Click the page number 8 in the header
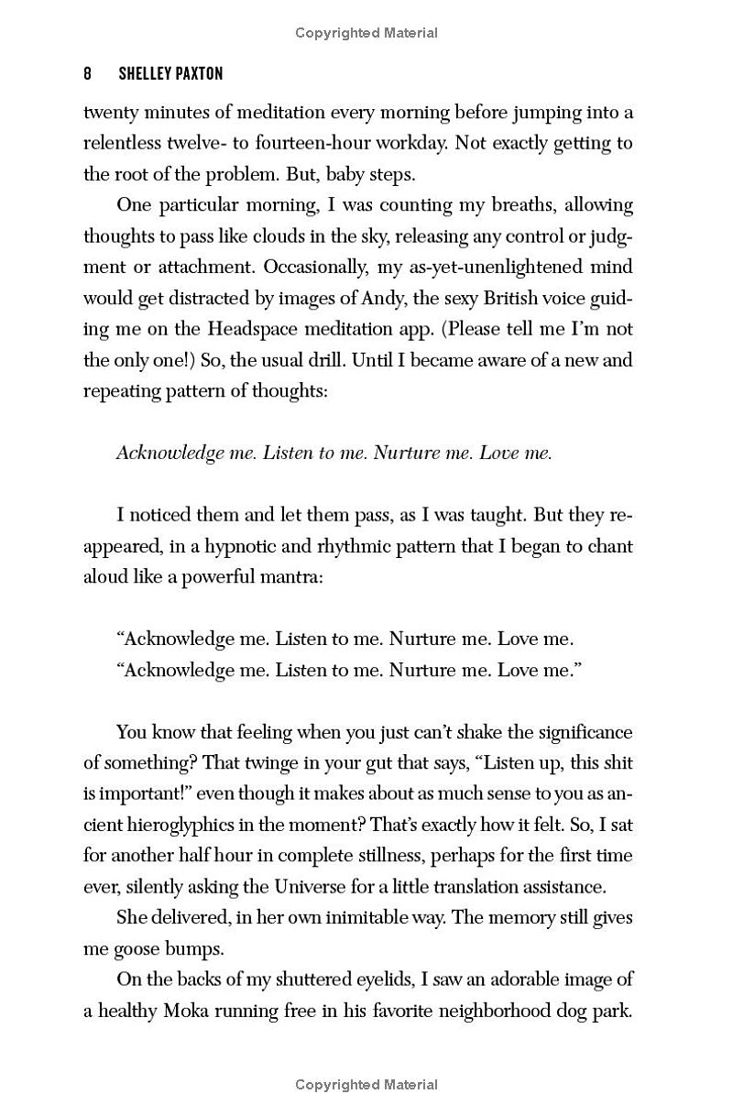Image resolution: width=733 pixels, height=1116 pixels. pyautogui.click(x=87, y=73)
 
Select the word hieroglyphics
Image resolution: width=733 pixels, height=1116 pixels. pyautogui.click(x=187, y=826)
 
